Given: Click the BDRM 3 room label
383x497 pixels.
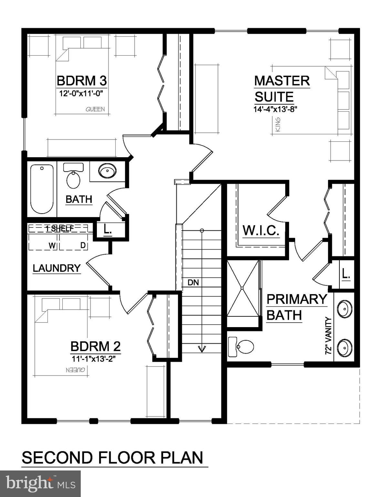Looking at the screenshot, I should pos(82,80).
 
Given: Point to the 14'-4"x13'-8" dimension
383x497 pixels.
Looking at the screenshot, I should pos(275,109).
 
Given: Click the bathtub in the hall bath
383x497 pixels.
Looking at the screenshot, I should pos(42,189).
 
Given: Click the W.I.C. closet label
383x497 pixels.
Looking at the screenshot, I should pos(261,230).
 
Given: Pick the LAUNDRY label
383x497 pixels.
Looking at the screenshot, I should pos(57,268).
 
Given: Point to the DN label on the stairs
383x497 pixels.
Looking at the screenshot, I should pos(193,282).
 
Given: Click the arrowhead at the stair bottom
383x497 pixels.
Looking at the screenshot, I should pos(202,349).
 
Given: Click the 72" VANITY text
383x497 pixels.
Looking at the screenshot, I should pos(329,337).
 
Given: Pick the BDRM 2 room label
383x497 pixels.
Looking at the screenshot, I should pos(95,347).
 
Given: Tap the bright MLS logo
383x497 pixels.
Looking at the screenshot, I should pos(40,483).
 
